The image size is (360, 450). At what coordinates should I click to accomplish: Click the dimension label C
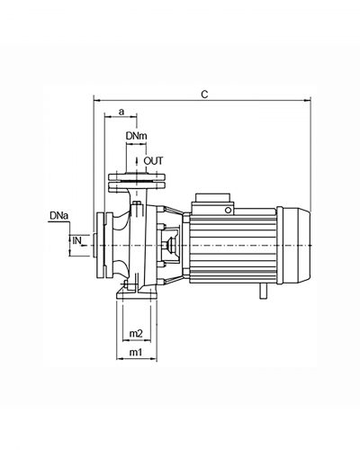point(204,94)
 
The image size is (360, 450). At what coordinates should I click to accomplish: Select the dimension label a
point(121,112)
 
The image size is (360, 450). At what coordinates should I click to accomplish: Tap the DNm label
point(137,136)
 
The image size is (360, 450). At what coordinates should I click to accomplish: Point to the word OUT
point(153,161)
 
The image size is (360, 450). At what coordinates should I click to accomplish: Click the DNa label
point(59,216)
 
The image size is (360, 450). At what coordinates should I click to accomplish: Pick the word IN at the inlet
point(76,240)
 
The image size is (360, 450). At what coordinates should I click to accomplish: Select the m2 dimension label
point(136,333)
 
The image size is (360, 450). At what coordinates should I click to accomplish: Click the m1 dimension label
point(135,352)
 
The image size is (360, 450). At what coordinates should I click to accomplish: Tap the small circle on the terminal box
point(229,210)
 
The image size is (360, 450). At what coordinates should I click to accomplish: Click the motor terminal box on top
point(213,203)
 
